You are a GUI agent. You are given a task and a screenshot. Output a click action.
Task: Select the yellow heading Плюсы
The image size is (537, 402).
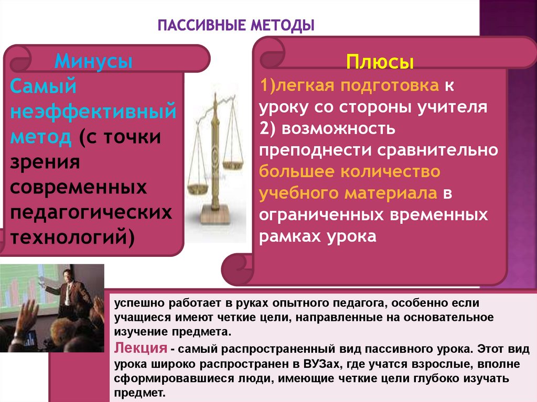click(x=380, y=63)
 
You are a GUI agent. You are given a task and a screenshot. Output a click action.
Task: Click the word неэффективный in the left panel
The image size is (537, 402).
click(x=93, y=112)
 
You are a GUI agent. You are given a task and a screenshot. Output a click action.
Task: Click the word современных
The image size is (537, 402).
click(x=79, y=187)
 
